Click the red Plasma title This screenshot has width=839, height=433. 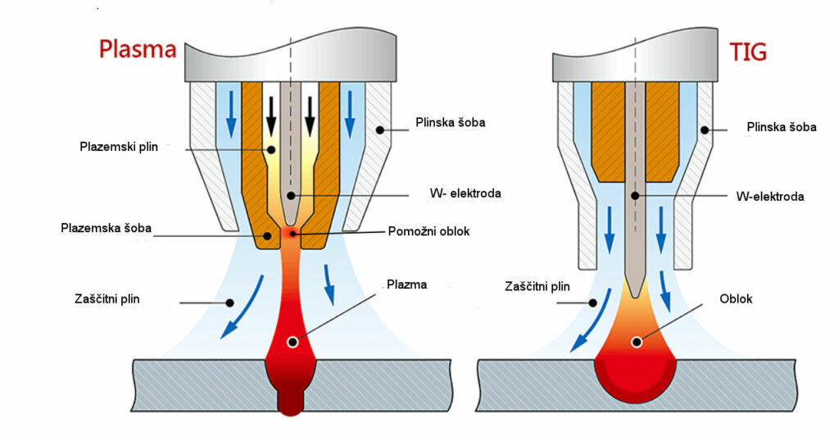137,49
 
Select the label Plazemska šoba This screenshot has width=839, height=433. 106,227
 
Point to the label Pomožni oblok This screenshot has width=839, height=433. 429,230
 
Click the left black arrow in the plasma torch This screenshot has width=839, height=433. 271,118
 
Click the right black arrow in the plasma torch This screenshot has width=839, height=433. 310,118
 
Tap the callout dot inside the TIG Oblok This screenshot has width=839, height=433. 635,340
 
